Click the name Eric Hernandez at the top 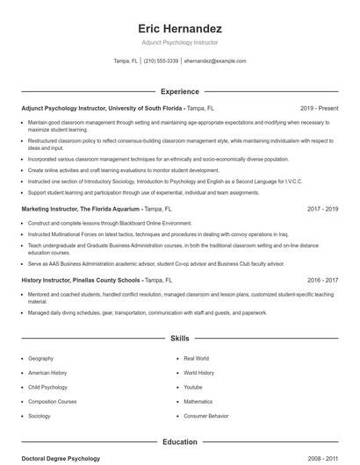pos(180,28)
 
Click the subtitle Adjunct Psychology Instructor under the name pos(180,42)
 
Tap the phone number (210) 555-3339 pos(161,61)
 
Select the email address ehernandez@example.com pos(215,61)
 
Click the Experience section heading pos(180,91)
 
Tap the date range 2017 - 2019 pos(323,210)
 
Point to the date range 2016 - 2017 pos(323,280)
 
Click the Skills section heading pos(180,338)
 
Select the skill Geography pos(40,359)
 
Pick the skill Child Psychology pos(47,387)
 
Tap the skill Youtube pos(192,387)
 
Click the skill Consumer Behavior pos(205,416)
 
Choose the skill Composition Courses pos(52,402)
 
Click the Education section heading pos(180,442)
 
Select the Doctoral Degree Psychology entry pos(61,459)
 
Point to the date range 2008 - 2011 pos(323,459)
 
